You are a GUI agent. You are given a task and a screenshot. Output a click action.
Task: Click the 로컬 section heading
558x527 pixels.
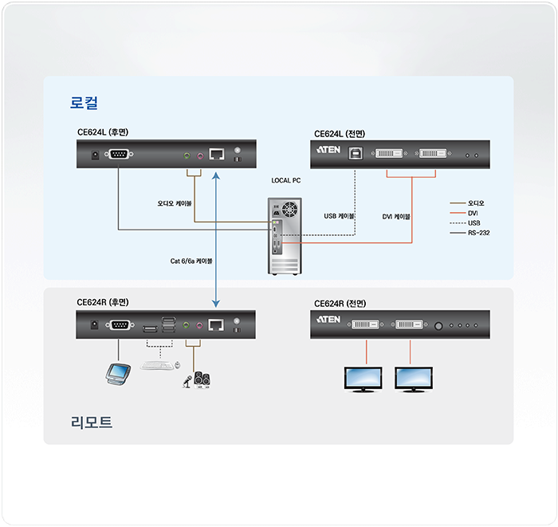coord(84,103)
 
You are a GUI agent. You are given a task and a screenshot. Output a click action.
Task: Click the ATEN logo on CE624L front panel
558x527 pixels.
coord(328,151)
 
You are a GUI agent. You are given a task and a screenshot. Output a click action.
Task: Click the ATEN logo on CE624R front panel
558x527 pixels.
coord(328,321)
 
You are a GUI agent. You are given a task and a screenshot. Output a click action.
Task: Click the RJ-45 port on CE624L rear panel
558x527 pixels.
coord(216,155)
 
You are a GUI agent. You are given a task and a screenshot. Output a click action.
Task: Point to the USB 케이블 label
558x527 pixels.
coord(339,216)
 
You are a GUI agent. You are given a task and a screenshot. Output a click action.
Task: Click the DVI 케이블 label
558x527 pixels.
coord(396,216)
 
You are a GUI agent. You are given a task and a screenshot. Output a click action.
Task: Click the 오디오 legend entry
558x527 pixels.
coord(476,203)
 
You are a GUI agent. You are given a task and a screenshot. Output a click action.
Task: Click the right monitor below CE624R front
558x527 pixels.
coord(414,380)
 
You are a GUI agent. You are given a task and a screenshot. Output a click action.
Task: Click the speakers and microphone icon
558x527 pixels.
coord(197,380)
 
